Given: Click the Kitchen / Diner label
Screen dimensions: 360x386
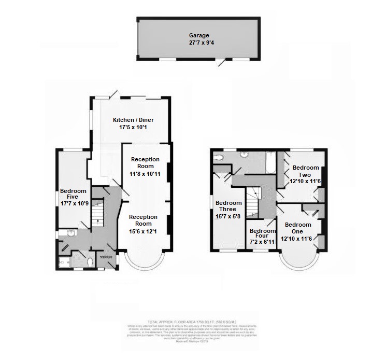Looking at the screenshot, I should (133, 120).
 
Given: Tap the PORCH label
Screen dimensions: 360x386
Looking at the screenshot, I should (107, 257).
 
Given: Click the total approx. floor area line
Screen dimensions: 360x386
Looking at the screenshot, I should (193, 322).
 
